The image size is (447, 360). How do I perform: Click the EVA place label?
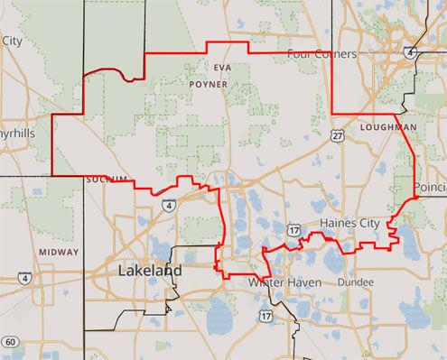[x=223, y=68]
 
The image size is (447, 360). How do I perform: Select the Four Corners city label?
[x=321, y=54]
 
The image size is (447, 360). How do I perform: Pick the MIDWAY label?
[x=58, y=252]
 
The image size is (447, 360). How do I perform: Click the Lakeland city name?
[x=150, y=271]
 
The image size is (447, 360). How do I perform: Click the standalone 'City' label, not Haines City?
[x=12, y=41]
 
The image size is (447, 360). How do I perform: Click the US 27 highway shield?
[x=337, y=135]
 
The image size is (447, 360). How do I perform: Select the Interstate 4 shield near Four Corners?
[x=412, y=53]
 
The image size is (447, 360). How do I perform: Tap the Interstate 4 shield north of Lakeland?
[x=170, y=207]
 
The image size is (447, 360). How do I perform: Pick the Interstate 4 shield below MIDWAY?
[x=24, y=278]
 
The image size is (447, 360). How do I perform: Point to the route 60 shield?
[x=10, y=341]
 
